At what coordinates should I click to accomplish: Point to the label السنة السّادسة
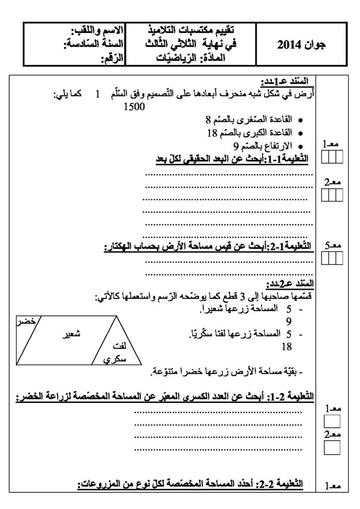click(91, 45)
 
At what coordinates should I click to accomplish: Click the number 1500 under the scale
click(134, 106)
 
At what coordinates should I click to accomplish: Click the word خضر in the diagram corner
click(25, 321)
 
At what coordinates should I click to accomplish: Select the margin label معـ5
click(332, 246)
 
